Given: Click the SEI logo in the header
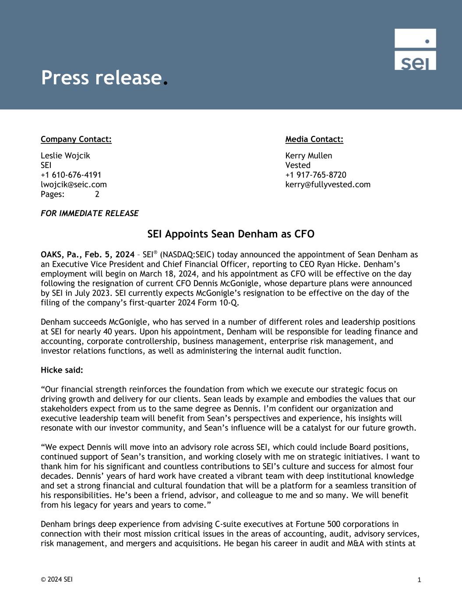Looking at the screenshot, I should click(x=415, y=49).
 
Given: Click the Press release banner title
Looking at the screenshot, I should click(x=102, y=78).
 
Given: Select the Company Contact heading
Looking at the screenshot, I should click(x=76, y=139).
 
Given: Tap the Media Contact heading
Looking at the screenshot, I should click(x=314, y=139).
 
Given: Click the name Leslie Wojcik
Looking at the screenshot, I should click(x=65, y=156).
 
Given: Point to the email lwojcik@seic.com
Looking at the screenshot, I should click(x=74, y=185).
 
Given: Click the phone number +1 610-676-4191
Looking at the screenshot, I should click(x=71, y=175).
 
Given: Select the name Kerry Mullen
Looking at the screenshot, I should click(x=309, y=156).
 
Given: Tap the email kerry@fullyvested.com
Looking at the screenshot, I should click(x=328, y=185).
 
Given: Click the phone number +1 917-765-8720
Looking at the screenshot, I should click(x=316, y=175).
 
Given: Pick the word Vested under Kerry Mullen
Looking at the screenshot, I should click(x=298, y=165).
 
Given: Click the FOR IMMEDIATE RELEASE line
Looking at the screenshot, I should click(x=89, y=213).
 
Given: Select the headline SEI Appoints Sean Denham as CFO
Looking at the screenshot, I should click(x=231, y=234).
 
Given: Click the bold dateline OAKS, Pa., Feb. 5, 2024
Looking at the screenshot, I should click(x=88, y=255).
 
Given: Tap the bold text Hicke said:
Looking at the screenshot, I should click(x=62, y=370).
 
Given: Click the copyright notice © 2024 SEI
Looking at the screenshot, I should click(x=57, y=580).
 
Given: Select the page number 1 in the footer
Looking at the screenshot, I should click(x=419, y=580).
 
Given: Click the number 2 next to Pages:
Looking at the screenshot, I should click(x=97, y=194).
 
